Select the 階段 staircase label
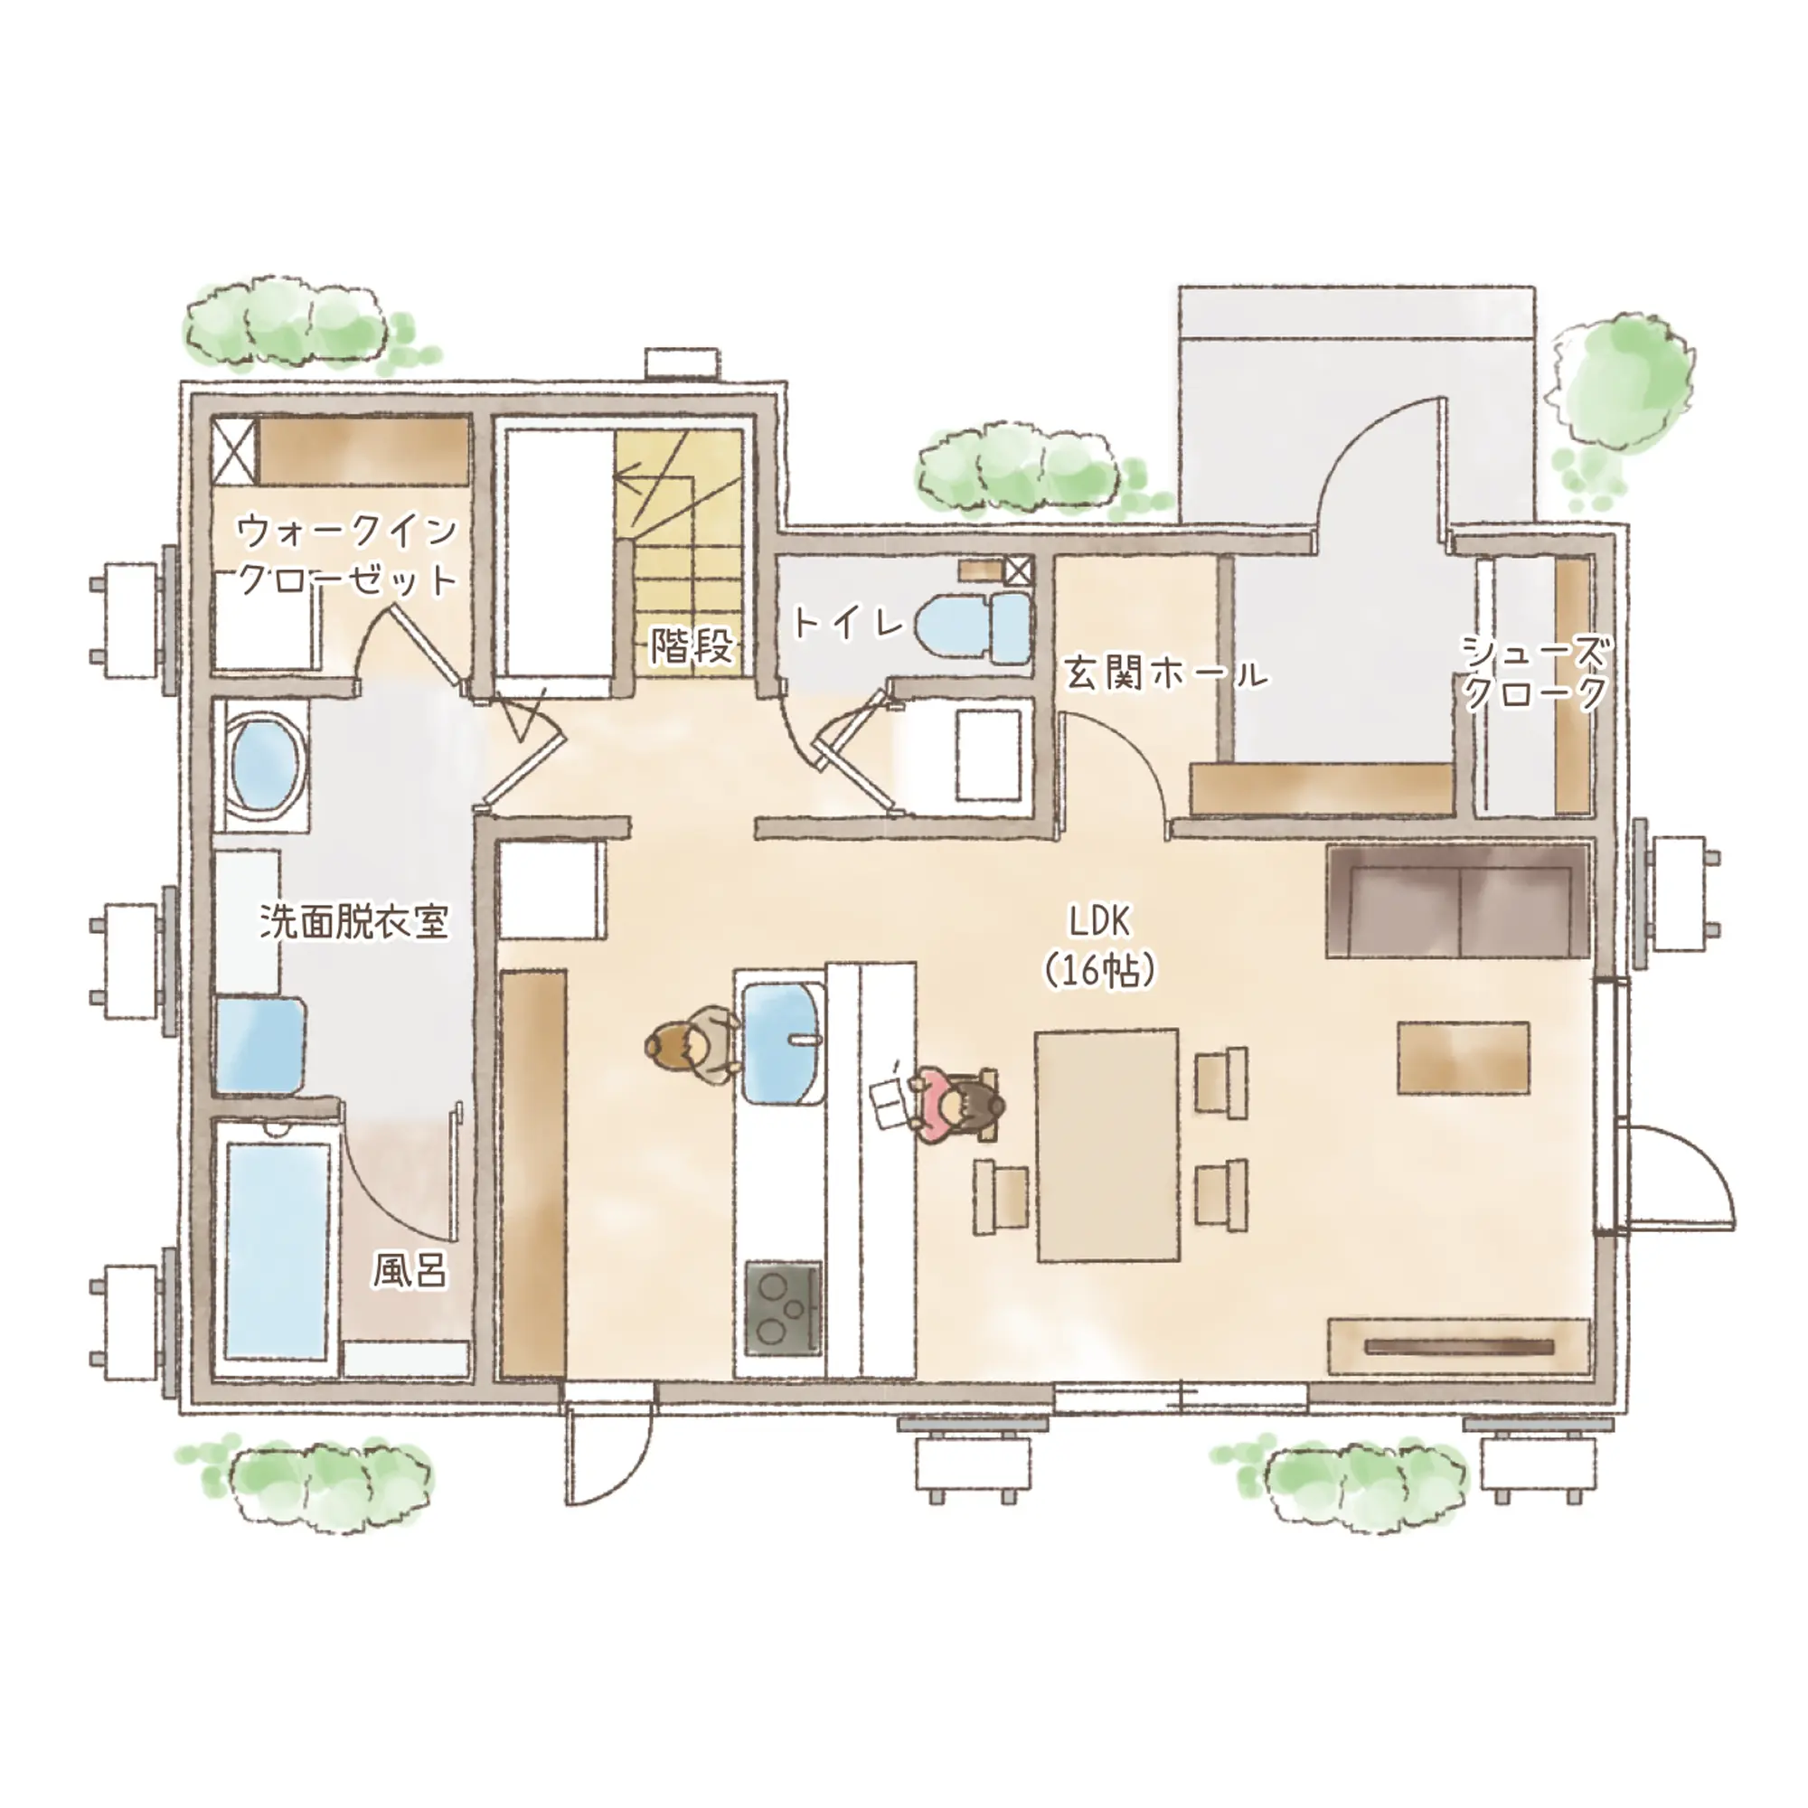(692, 645)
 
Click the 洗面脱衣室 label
(353, 922)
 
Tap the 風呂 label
(410, 1270)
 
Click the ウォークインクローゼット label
(346, 555)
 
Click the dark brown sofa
(1458, 901)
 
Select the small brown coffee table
(1464, 1058)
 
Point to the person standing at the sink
(691, 1044)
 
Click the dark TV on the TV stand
(1459, 1348)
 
